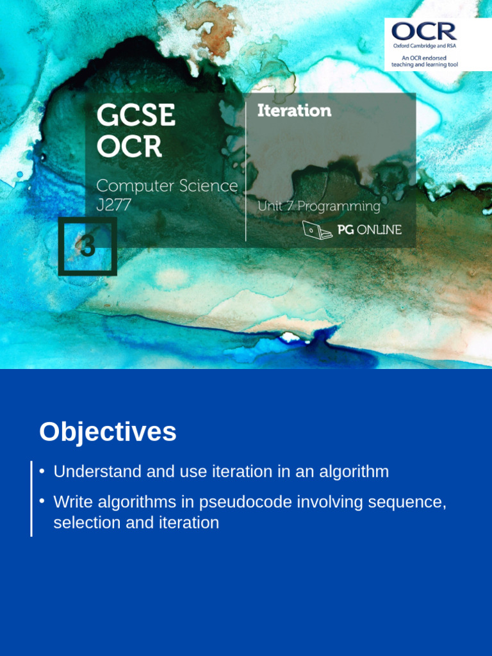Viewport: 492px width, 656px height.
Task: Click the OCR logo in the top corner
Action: tap(424, 31)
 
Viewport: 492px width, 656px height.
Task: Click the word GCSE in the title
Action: tap(136, 116)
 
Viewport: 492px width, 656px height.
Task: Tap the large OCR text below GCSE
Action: tap(129, 147)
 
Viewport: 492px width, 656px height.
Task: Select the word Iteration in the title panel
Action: tap(294, 111)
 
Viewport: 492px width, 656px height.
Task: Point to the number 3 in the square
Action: tap(87, 247)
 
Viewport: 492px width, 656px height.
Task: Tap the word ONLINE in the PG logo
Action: tap(379, 229)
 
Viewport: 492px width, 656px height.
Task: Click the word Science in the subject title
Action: tap(204, 186)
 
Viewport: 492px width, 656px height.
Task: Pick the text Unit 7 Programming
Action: tap(318, 206)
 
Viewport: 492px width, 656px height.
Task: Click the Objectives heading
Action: tap(108, 432)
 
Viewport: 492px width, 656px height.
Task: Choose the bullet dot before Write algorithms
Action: tap(42, 500)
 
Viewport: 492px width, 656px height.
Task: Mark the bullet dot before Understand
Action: tap(42, 471)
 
